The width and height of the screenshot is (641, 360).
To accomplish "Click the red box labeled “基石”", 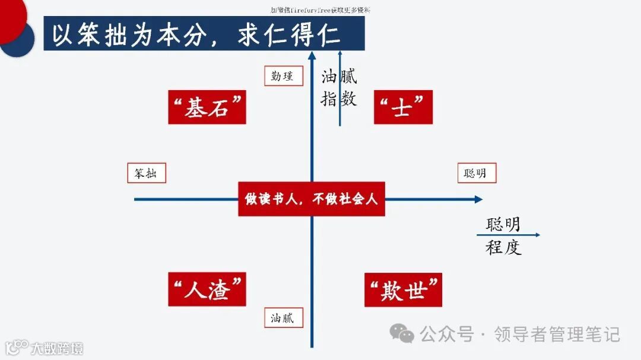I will pos(207,107).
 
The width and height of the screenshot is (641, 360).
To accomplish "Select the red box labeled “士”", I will pos(403,107).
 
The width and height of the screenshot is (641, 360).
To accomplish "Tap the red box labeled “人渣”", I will pos(207,290).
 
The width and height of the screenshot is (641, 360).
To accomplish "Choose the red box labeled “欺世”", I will pos(403,290).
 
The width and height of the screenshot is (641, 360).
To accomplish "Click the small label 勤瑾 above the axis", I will pos(283,76).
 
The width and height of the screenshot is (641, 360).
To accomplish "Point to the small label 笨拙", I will pos(146,173).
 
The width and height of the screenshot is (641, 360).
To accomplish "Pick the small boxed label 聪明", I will pos(476,173).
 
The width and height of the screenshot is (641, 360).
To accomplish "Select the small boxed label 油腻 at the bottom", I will pos(283,318).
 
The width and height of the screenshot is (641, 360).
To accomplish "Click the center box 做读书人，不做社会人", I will pos(312,199).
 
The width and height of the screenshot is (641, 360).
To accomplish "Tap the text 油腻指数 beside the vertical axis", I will pos(339,88).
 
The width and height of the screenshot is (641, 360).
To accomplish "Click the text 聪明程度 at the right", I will pos(503,235).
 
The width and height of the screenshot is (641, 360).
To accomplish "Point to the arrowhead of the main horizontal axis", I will pos(478,199).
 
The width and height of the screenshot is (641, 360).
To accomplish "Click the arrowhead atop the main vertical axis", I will pos(312,55).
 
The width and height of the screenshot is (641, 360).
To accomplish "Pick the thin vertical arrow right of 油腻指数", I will pos(339,89).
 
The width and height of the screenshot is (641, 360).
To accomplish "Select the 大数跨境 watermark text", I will pos(57,348).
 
